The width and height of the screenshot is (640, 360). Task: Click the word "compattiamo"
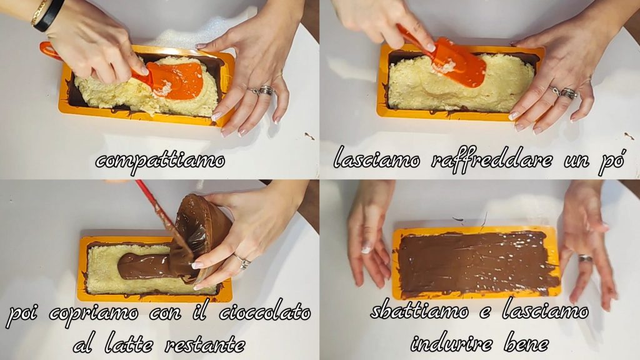pyautogui.click(x=160, y=161)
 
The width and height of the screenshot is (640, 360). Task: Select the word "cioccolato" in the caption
pyautogui.click(x=265, y=313)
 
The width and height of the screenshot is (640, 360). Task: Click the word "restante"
pyautogui.click(x=205, y=344)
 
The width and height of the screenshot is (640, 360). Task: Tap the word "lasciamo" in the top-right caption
pyautogui.click(x=376, y=159)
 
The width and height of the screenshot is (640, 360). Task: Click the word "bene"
pyautogui.click(x=526, y=343)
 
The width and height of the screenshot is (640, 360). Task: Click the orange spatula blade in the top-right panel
pyautogui.click(x=459, y=63)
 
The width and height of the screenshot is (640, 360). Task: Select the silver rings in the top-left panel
pyautogui.click(x=262, y=91)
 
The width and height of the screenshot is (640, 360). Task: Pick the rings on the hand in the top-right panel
pyautogui.click(x=564, y=92)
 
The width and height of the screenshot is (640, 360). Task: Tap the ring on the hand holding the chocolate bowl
pyautogui.click(x=242, y=262)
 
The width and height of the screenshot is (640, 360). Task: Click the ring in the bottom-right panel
pyautogui.click(x=586, y=258)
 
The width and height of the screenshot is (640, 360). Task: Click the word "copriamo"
pyautogui.click(x=94, y=314)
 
